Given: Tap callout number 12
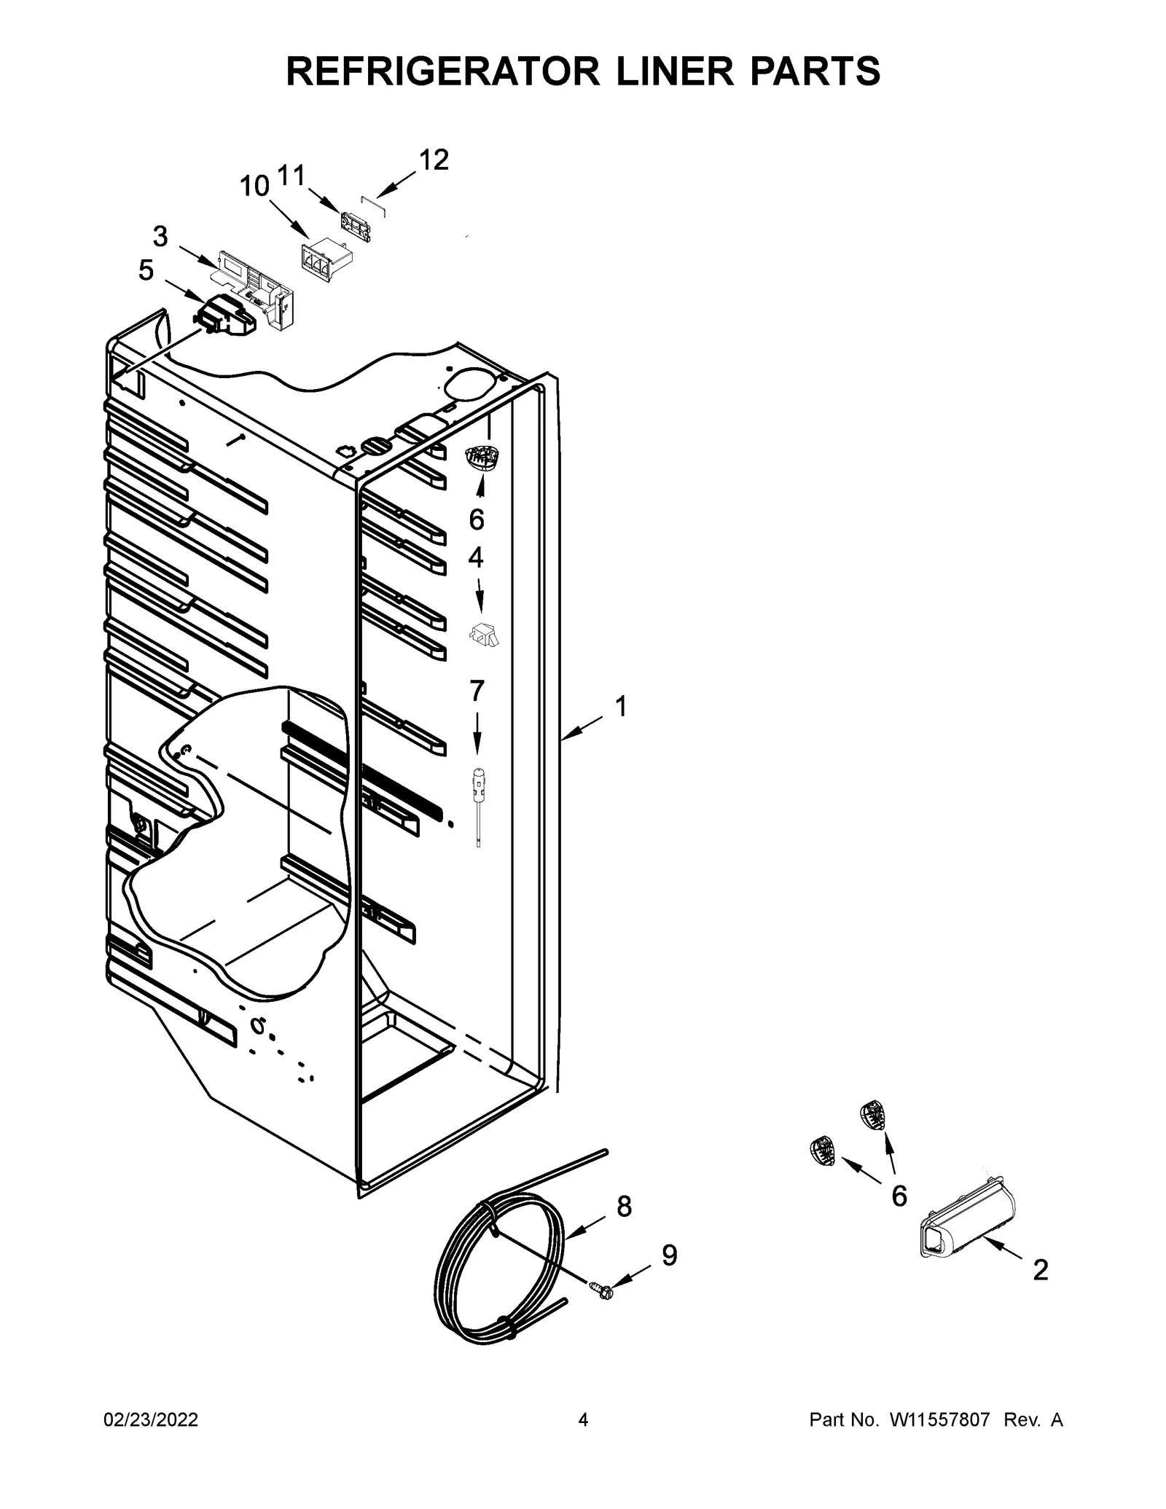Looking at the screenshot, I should tap(434, 160).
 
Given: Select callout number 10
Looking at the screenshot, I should tap(255, 187).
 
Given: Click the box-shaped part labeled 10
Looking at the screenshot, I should tap(325, 260).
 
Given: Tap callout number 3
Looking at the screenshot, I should tap(160, 237).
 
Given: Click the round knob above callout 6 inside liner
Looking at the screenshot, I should tap(482, 459).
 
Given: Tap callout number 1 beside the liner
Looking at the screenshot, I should tap(621, 705).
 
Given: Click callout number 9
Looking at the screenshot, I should tap(669, 1255).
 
